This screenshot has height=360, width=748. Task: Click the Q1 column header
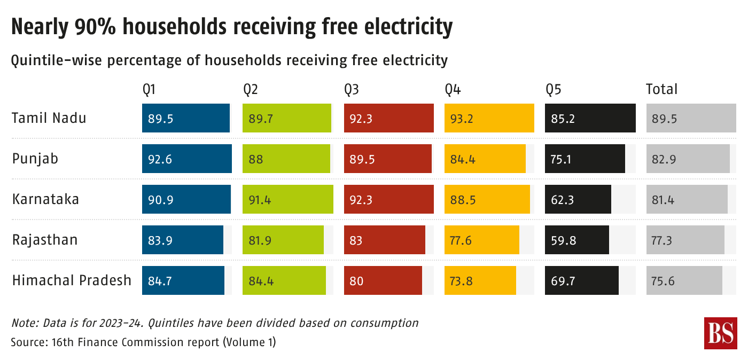149,90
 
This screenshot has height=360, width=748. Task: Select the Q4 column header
453,90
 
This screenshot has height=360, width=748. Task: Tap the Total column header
661,89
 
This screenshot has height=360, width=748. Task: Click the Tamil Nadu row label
49,118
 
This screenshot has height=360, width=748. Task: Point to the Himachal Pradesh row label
72,280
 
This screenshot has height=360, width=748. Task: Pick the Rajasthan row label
45,240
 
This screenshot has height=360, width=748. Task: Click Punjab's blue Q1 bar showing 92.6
186,159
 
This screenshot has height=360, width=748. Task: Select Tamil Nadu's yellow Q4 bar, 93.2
489,118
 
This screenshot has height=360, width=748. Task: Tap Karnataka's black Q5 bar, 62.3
578,199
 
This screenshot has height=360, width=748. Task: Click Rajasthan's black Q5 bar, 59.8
576,240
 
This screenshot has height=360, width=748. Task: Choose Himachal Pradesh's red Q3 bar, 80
383,280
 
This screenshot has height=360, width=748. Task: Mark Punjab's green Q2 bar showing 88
286,159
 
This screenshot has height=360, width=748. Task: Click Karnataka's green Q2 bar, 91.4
288,199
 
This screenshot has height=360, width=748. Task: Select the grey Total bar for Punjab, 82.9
688,159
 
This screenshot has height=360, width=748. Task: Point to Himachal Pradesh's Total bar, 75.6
684,280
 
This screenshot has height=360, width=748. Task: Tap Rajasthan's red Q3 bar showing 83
384,240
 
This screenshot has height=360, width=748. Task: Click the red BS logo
721,333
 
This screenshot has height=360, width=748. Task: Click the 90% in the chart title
95,26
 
